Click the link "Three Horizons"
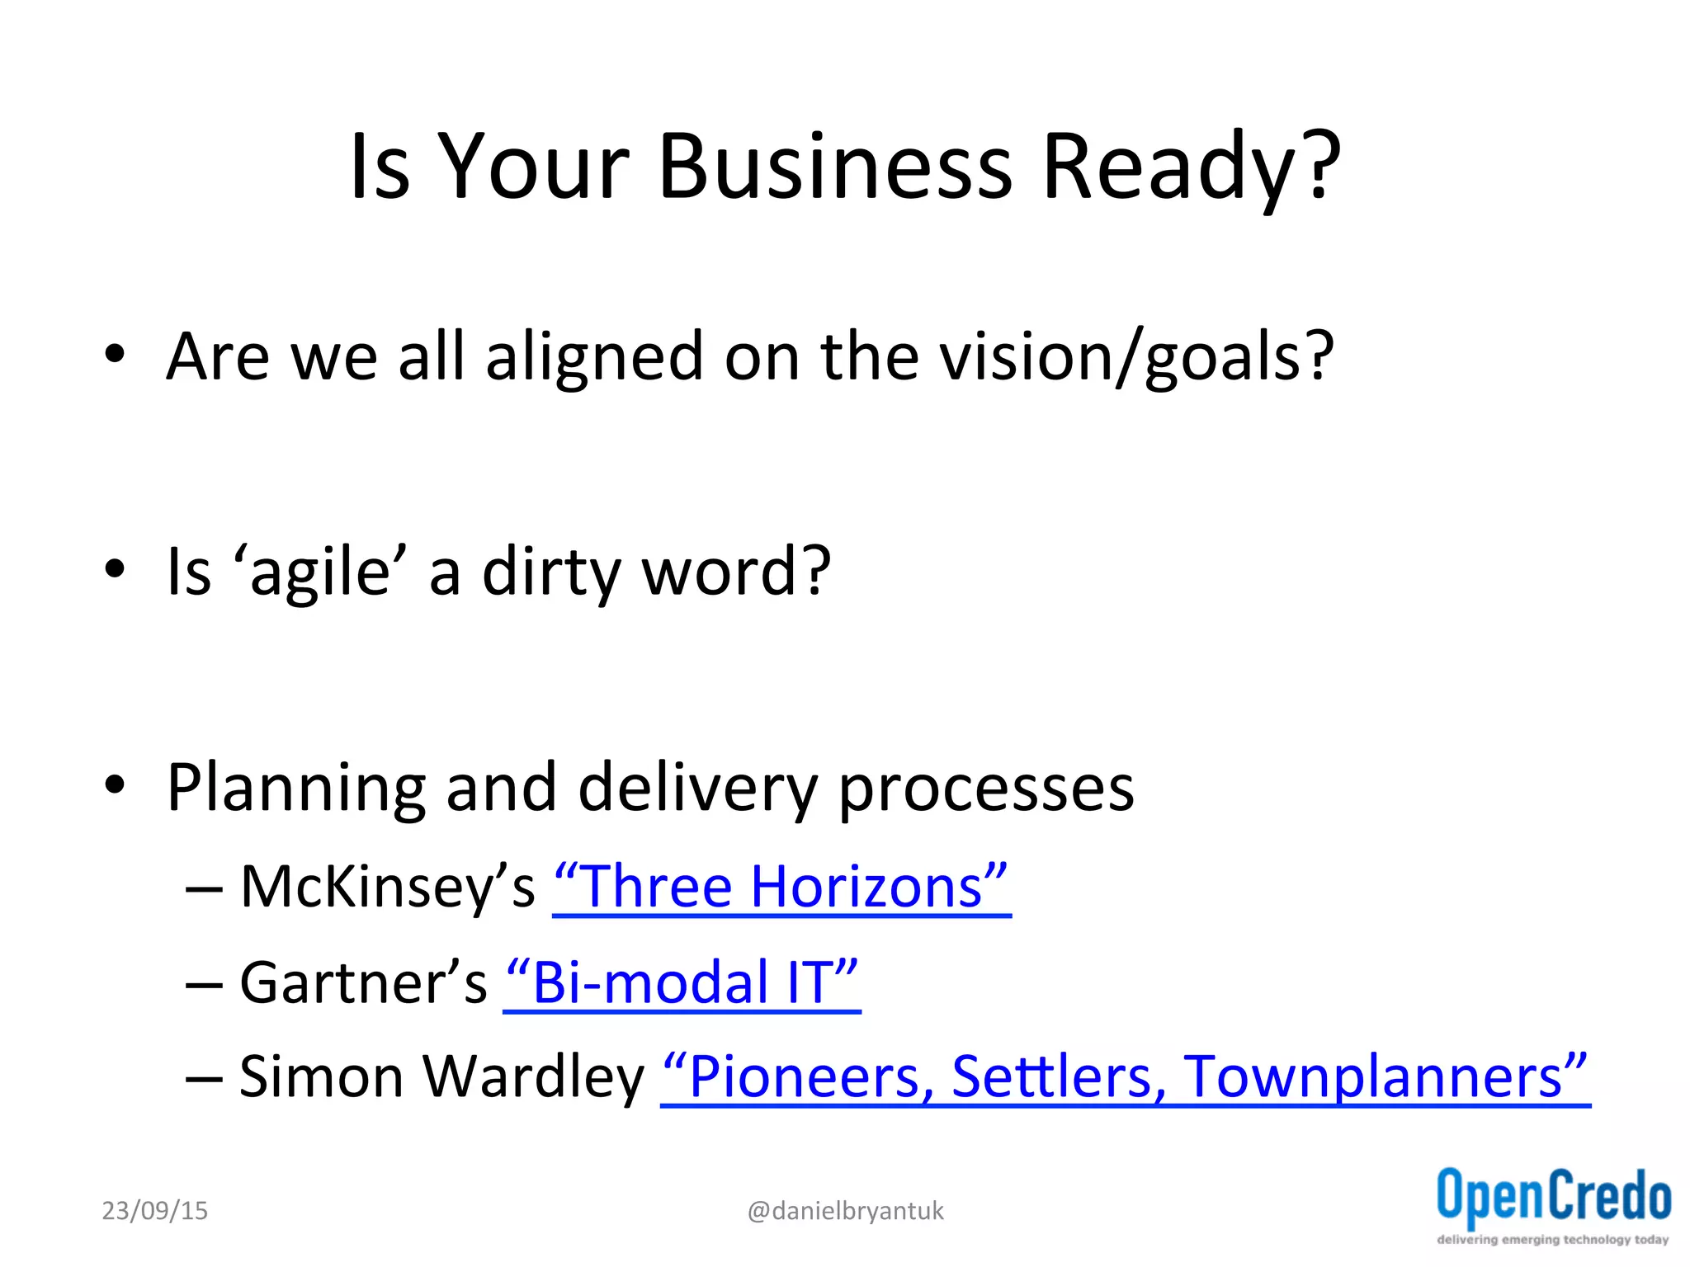click(x=781, y=887)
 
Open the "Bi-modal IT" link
click(x=682, y=982)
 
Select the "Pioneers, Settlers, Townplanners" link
click(x=1125, y=1077)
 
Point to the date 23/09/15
click(x=154, y=1211)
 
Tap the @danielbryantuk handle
click(x=845, y=1211)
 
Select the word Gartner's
click(x=363, y=982)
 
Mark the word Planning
click(x=295, y=789)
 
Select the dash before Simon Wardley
click(x=204, y=1079)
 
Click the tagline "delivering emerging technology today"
click(x=1552, y=1240)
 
